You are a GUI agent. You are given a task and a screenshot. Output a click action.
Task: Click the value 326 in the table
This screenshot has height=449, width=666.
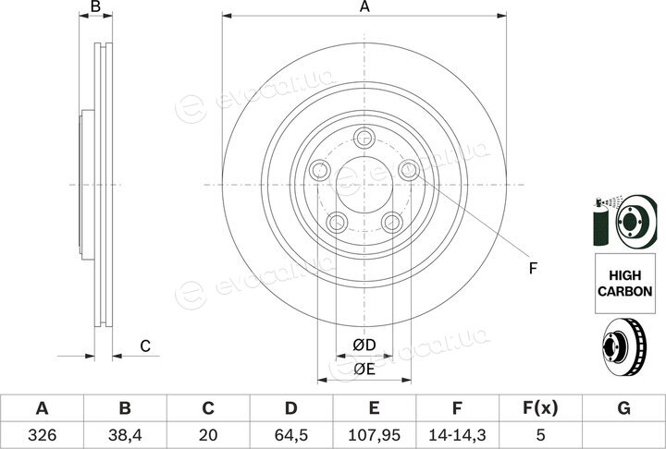[42, 435]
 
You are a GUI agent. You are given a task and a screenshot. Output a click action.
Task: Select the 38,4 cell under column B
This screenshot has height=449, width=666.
[125, 435]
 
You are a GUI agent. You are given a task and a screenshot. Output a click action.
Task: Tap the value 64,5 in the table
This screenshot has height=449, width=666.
[291, 435]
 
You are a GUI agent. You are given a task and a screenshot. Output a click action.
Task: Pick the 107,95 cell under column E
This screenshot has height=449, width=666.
[375, 435]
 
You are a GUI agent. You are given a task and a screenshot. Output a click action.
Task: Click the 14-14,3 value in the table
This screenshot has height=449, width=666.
[457, 435]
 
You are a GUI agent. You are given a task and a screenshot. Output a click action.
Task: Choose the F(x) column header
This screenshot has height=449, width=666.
[540, 408]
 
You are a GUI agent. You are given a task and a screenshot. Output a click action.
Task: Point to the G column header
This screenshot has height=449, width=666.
[623, 408]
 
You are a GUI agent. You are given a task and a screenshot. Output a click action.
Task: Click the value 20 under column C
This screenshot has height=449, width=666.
[208, 435]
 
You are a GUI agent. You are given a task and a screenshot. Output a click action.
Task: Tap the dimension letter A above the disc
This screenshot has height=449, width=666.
[364, 6]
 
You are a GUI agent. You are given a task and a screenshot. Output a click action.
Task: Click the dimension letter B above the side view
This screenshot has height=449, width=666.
[96, 6]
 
